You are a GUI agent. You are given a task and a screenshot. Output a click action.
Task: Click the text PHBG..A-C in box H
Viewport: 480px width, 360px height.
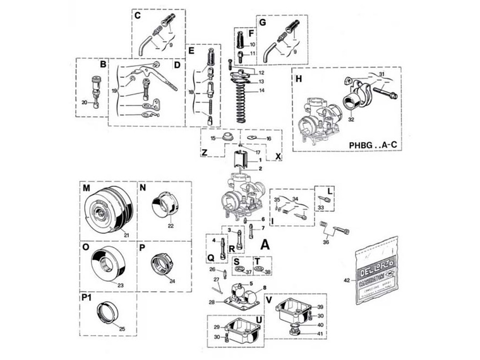pyautogui.click(x=373, y=144)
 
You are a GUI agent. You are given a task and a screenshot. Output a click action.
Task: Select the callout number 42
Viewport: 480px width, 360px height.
pyautogui.click(x=346, y=279)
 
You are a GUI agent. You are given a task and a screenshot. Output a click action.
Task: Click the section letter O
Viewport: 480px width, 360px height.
pyautogui.click(x=86, y=247)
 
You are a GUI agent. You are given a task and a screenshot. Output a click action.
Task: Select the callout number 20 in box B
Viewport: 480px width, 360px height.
pyautogui.click(x=85, y=102)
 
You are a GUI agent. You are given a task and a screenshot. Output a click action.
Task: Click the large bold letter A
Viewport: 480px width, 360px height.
pyautogui.click(x=265, y=243)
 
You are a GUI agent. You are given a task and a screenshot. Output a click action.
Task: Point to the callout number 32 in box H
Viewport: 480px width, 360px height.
pyautogui.click(x=351, y=118)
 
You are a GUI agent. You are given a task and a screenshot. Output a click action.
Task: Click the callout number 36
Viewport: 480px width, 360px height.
pyautogui.click(x=326, y=241)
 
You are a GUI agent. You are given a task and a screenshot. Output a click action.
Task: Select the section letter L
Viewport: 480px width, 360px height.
pyautogui.click(x=330, y=189)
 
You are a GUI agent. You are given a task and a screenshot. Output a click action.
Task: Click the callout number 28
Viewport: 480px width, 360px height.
pyautogui.click(x=212, y=302)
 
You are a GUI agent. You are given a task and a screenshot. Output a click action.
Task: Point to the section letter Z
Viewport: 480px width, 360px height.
pyautogui.click(x=204, y=152)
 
